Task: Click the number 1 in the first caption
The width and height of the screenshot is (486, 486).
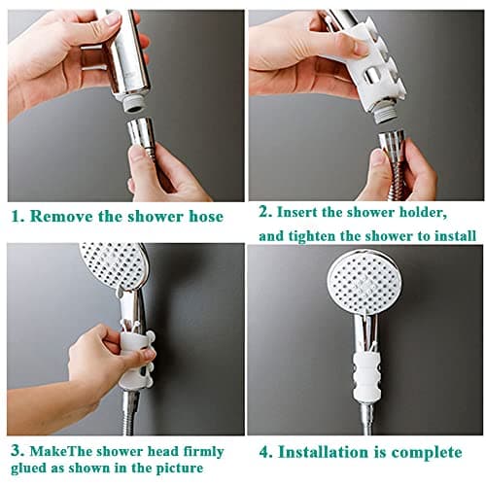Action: pyautogui.click(x=17, y=216)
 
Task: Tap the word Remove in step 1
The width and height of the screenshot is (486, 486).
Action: pyautogui.click(x=60, y=216)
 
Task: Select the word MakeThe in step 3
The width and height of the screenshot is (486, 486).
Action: pyautogui.click(x=60, y=451)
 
